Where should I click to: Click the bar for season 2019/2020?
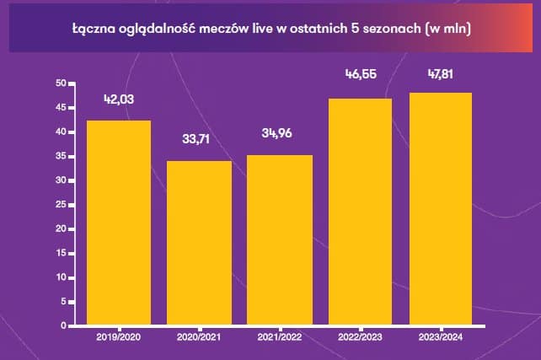tap(118, 223)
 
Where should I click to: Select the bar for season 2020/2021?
tap(199, 243)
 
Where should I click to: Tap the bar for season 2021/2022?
tap(280, 240)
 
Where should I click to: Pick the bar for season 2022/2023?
tap(360, 212)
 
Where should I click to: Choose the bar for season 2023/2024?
tap(441, 209)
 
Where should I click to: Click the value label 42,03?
tap(119, 100)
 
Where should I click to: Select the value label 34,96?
tap(280, 135)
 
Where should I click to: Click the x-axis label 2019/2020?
tap(118, 336)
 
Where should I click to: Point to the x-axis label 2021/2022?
tap(280, 336)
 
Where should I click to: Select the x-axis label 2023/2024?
tap(441, 336)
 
